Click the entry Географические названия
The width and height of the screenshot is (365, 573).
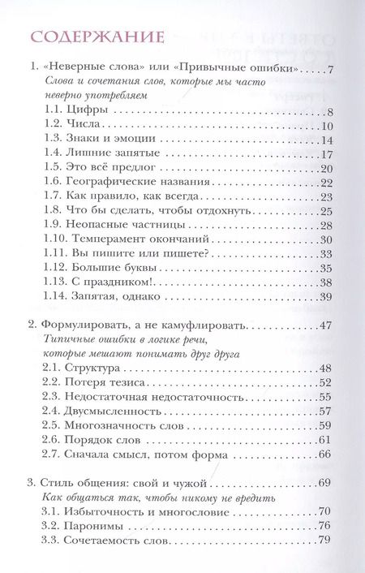coord(130,182)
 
